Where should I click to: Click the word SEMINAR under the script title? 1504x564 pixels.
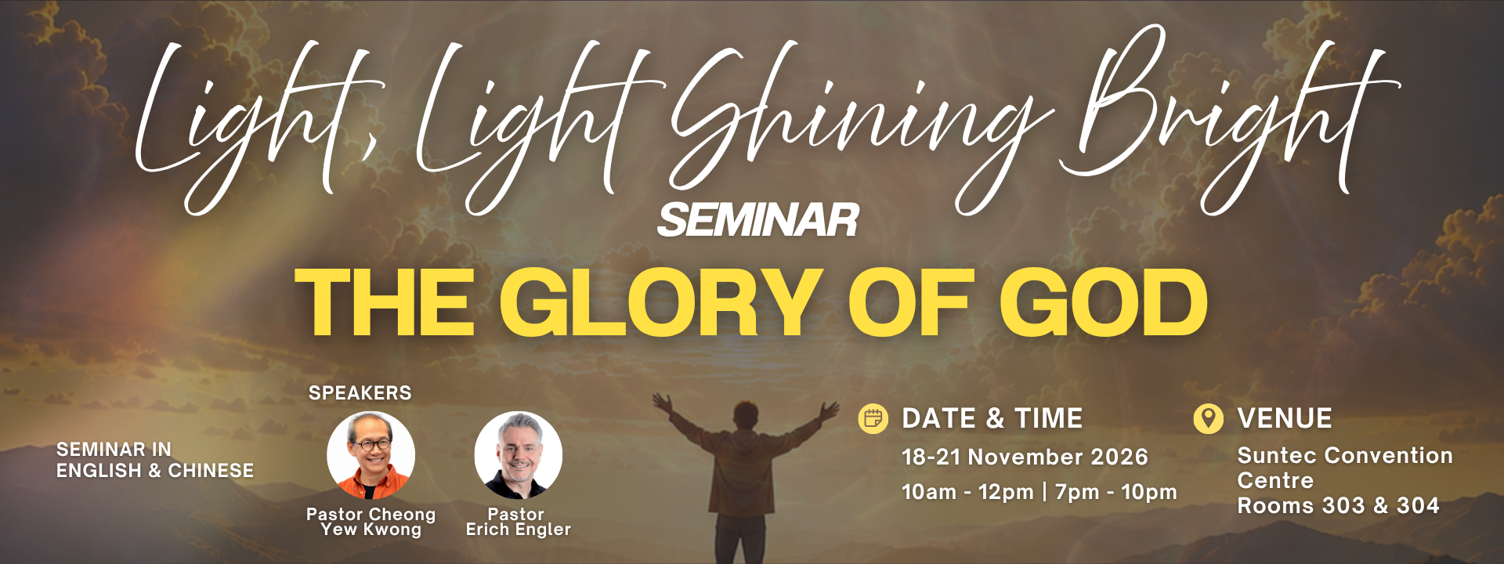(758, 220)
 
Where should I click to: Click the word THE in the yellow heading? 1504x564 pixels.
(385, 302)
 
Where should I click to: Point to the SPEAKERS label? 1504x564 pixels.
(360, 392)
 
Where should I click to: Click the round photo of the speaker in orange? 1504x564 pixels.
(371, 456)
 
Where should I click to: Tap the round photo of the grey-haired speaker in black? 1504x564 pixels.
(518, 456)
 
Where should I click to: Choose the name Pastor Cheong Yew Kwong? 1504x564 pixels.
(371, 522)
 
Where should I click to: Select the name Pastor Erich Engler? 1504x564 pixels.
(518, 522)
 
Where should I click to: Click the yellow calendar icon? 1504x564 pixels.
(873, 419)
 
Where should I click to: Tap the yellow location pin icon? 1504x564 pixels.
(1208, 418)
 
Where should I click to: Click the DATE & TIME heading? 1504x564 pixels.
(992, 418)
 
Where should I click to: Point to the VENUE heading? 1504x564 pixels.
(1285, 418)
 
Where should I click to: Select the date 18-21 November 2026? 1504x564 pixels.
(1025, 457)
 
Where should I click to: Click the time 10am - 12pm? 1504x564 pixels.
(967, 492)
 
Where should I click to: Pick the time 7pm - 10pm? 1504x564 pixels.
(1116, 492)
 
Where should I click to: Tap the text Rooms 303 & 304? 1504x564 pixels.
(1338, 506)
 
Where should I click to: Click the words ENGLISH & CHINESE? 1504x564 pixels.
(155, 471)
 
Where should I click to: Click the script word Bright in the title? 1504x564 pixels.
(1226, 117)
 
